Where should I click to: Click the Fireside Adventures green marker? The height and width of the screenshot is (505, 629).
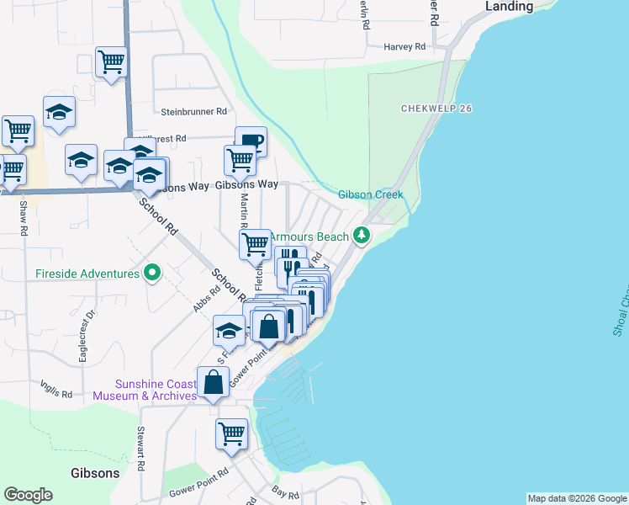tap(152, 274)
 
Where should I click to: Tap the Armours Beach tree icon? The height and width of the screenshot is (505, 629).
tap(362, 235)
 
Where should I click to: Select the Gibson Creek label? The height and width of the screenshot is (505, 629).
tap(371, 194)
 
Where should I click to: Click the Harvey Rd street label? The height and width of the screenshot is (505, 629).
tap(407, 47)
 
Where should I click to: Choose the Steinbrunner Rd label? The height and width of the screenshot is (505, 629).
tap(194, 111)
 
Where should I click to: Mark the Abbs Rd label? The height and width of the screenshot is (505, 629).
tap(206, 299)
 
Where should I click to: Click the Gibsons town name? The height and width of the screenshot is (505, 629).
tap(95, 473)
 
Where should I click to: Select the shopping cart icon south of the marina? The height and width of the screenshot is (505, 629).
tap(231, 433)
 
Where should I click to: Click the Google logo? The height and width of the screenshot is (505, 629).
tap(28, 495)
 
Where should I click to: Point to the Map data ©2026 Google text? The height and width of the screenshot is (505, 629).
tap(577, 498)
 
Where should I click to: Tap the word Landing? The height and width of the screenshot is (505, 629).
tap(510, 7)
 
